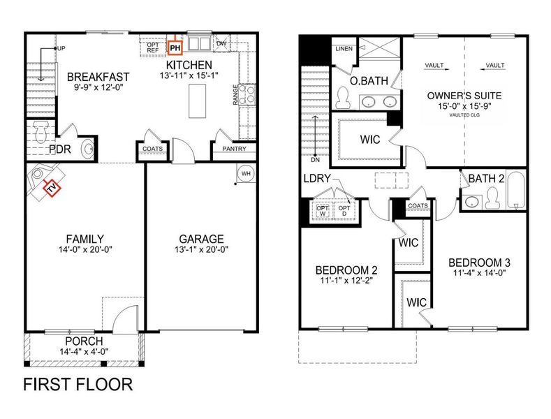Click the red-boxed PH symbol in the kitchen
[175, 47]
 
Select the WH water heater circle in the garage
[247, 173]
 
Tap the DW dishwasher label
[221, 44]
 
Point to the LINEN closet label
[344, 49]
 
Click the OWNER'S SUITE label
[465, 96]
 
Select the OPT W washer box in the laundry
[323, 209]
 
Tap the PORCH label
[83, 341]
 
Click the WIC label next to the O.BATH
[370, 140]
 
